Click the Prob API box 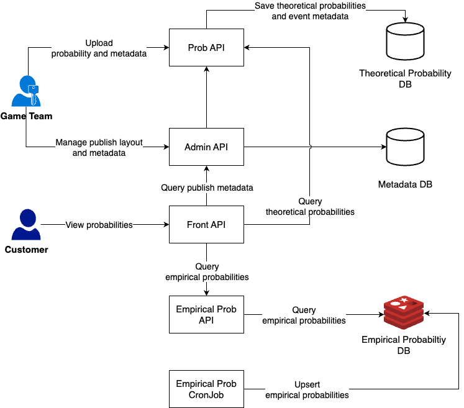pyautogui.click(x=206, y=47)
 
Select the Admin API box pyautogui.click(x=206, y=147)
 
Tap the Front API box pyautogui.click(x=206, y=224)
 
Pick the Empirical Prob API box pyautogui.click(x=206, y=315)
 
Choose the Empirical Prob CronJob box pyautogui.click(x=206, y=389)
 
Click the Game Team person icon pyautogui.click(x=26, y=91)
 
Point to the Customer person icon pyautogui.click(x=26, y=224)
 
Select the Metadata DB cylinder pyautogui.click(x=405, y=147)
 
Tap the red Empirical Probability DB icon pyautogui.click(x=404, y=314)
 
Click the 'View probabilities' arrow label pyautogui.click(x=99, y=225)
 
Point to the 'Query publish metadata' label pyautogui.click(x=207, y=188)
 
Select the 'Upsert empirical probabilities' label pyautogui.click(x=307, y=390)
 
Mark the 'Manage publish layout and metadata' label pyautogui.click(x=99, y=147)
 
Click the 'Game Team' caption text pyautogui.click(x=26, y=116)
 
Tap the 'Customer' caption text pyautogui.click(x=26, y=250)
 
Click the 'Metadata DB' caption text pyautogui.click(x=405, y=184)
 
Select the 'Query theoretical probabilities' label pyautogui.click(x=310, y=207)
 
